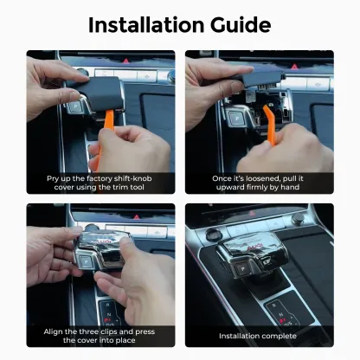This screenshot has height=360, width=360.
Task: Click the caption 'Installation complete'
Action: [257, 336]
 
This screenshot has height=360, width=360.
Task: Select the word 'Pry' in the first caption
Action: [53, 178]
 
